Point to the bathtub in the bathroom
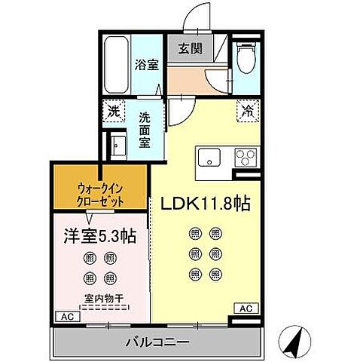coord(115,63)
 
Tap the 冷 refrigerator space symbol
coord(246,110)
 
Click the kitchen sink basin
coord(207,158)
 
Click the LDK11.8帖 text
coord(203,204)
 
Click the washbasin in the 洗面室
coord(117,144)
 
